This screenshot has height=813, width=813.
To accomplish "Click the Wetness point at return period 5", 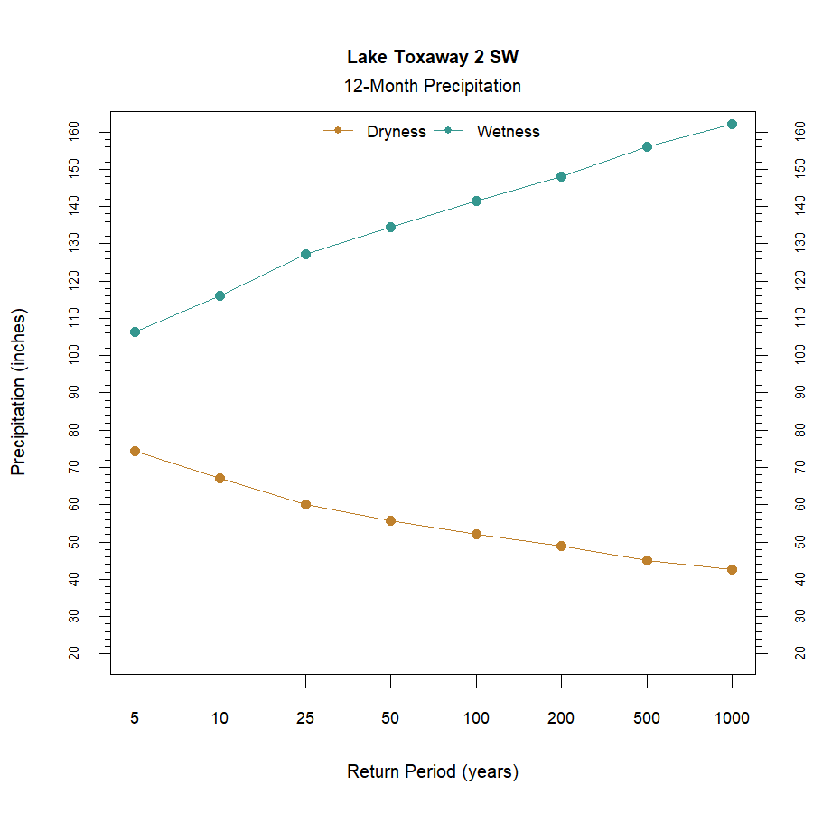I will (135, 332).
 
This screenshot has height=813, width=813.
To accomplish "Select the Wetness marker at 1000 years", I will (732, 124).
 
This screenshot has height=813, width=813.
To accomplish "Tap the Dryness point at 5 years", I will (135, 451).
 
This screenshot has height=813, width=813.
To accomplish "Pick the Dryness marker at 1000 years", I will (732, 569).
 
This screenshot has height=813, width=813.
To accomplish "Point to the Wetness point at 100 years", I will (476, 201).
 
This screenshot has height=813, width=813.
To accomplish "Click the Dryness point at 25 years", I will (305, 504).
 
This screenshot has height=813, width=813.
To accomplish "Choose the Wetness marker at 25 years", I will (305, 254).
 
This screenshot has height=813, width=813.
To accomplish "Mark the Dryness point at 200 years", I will (561, 546).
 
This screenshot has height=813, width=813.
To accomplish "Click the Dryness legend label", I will (396, 132).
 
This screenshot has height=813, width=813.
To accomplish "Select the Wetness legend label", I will (508, 132).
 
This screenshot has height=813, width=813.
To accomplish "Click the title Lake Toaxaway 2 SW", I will (433, 57).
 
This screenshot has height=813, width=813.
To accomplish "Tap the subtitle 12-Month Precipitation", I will (432, 87).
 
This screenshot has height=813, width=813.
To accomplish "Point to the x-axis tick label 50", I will (390, 719).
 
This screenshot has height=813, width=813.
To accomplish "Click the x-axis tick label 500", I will (647, 719).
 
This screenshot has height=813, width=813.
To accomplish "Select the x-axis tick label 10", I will (220, 719).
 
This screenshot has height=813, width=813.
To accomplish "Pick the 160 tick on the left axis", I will (74, 132).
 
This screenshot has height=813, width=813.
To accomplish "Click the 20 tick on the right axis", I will (799, 652).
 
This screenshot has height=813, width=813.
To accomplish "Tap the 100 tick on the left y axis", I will (74, 355).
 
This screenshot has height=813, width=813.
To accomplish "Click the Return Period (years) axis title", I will (433, 772).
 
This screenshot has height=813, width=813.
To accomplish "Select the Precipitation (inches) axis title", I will (19, 392).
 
